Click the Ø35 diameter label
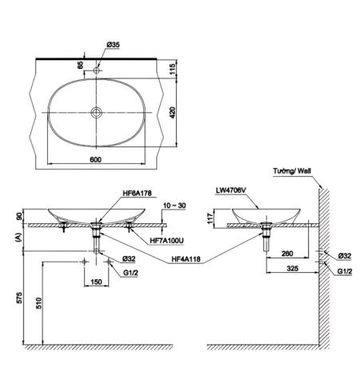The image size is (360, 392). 113,45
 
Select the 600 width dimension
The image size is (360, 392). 95,159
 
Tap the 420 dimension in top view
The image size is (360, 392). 173,113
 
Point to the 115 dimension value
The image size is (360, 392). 173,69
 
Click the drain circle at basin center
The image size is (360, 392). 96,112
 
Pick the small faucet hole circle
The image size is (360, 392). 96,70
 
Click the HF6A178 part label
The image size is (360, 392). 137,193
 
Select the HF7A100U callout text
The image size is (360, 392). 166,241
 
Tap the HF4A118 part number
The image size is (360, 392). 186,258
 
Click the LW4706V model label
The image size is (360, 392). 231,190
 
